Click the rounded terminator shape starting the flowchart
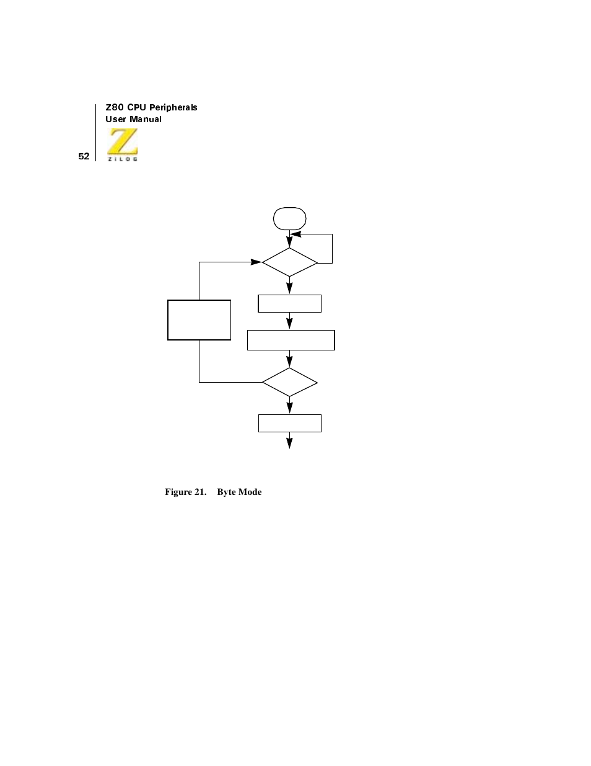(x=289, y=218)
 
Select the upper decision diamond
(x=289, y=262)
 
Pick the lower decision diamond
(x=289, y=382)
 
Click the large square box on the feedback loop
(x=199, y=320)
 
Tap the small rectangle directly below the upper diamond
(x=289, y=303)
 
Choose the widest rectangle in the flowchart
(x=291, y=340)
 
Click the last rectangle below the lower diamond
(x=289, y=423)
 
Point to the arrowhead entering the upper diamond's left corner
(x=256, y=262)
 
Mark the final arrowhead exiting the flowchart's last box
(x=289, y=443)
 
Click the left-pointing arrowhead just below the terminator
(x=296, y=234)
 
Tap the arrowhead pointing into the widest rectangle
(x=289, y=324)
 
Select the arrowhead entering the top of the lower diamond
(x=289, y=362)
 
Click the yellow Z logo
(x=123, y=141)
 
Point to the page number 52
(x=84, y=156)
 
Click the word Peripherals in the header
(x=173, y=107)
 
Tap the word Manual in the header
(x=146, y=119)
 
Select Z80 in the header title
(x=115, y=107)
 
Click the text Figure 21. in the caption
(x=185, y=492)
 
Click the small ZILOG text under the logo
(x=123, y=159)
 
